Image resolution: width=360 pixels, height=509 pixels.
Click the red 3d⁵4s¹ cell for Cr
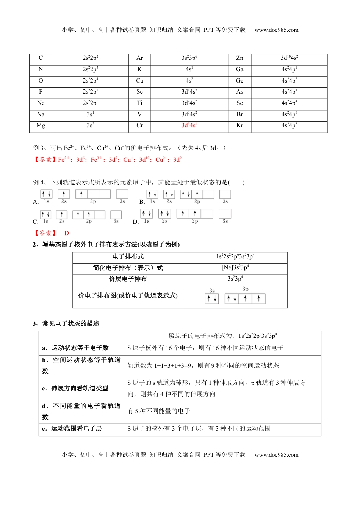point(189,126)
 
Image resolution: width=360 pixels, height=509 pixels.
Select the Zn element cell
point(239,58)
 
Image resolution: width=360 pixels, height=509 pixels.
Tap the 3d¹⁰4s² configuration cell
point(289,58)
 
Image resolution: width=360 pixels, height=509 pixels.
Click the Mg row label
point(41,126)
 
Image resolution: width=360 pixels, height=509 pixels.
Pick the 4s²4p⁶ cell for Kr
point(289,126)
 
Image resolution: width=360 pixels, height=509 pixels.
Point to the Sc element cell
point(139,92)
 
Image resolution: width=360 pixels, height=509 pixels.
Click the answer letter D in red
point(67,233)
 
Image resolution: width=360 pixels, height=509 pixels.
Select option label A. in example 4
point(36,202)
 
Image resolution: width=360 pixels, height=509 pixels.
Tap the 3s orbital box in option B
point(225,195)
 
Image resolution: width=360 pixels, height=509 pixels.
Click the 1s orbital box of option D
point(147,214)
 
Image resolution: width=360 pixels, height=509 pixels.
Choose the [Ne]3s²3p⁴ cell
point(235,268)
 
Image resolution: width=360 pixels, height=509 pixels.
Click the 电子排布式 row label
point(128,257)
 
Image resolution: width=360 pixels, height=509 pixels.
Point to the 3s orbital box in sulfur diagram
point(212,299)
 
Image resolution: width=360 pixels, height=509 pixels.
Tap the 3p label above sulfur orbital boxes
point(245,289)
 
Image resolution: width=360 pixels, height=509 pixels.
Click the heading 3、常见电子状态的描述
point(66,324)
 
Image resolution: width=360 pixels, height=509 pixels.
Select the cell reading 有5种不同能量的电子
point(159,411)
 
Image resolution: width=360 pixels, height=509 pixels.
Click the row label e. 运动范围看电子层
point(72,429)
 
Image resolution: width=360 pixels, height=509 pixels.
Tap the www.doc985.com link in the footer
point(276,455)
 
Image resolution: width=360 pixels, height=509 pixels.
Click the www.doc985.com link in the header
point(276,30)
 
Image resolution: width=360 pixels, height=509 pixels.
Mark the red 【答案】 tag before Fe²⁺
point(45,160)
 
